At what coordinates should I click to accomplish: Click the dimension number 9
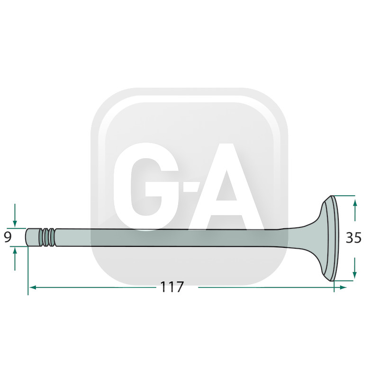8,237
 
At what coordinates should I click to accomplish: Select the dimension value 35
353,238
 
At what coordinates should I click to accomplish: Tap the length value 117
172,287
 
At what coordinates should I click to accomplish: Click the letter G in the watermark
146,187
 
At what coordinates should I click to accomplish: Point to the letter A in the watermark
226,187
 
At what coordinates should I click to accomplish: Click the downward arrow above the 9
15,216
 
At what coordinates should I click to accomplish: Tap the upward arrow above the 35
354,210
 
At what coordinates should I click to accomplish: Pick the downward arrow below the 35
354,268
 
